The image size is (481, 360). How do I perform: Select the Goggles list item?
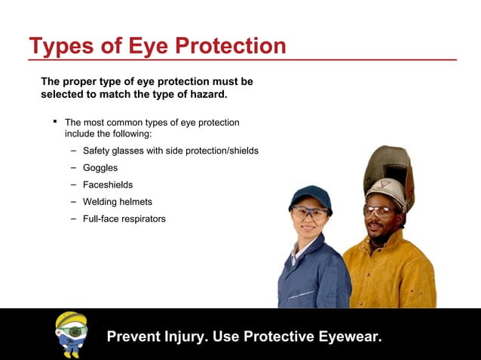click(100, 168)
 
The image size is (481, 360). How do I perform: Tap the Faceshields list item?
click(108, 185)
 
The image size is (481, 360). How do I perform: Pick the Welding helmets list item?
click(117, 202)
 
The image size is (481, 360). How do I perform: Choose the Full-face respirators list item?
click(124, 218)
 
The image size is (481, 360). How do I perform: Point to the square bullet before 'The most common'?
click(55, 121)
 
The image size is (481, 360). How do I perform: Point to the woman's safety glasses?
click(309, 212)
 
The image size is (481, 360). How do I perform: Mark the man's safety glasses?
click(380, 211)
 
